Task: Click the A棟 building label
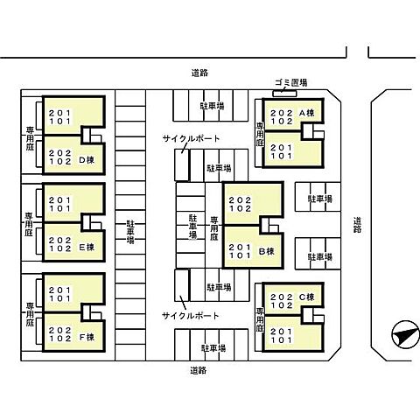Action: [x=307, y=113]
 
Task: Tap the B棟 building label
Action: [x=267, y=251]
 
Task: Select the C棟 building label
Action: [x=307, y=297]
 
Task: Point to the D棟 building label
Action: [x=87, y=160]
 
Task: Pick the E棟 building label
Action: [x=87, y=248]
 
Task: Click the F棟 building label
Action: [x=87, y=337]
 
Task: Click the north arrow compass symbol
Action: [x=405, y=334]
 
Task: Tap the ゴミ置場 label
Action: [x=291, y=82]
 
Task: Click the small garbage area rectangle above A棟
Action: [x=284, y=94]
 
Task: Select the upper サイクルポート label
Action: [x=191, y=138]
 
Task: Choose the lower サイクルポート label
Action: [x=191, y=316]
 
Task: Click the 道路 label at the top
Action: [x=199, y=73]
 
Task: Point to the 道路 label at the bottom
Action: [x=199, y=370]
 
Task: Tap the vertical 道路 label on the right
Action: [x=357, y=225]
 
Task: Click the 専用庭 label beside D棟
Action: [x=30, y=138]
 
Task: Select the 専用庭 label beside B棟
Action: [x=214, y=228]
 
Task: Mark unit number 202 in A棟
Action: [x=282, y=113]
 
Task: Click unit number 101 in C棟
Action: [x=282, y=340]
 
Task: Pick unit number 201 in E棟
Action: [x=60, y=200]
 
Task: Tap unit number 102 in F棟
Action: [x=60, y=339]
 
